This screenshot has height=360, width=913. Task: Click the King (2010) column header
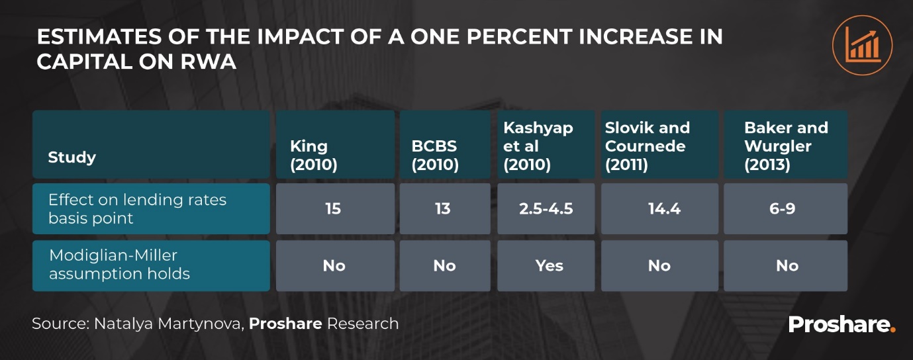335,146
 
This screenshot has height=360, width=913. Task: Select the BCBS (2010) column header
444,146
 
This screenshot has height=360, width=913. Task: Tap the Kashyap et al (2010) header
548,146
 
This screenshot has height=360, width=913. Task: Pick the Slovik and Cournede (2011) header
659,146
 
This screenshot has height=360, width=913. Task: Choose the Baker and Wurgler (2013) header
785,146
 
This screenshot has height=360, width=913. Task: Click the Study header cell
151,146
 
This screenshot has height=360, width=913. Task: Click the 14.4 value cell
659,209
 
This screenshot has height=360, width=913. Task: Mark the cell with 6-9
786,209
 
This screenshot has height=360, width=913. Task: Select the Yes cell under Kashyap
549,266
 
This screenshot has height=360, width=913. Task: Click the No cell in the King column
334,266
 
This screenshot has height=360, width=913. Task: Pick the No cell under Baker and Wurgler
787,266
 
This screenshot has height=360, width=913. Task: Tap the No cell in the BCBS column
444,266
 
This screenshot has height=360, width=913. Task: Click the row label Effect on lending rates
151,209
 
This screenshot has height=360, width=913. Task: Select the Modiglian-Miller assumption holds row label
151,265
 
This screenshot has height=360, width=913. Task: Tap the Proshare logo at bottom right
841,325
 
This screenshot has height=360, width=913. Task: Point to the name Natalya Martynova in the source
168,324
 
